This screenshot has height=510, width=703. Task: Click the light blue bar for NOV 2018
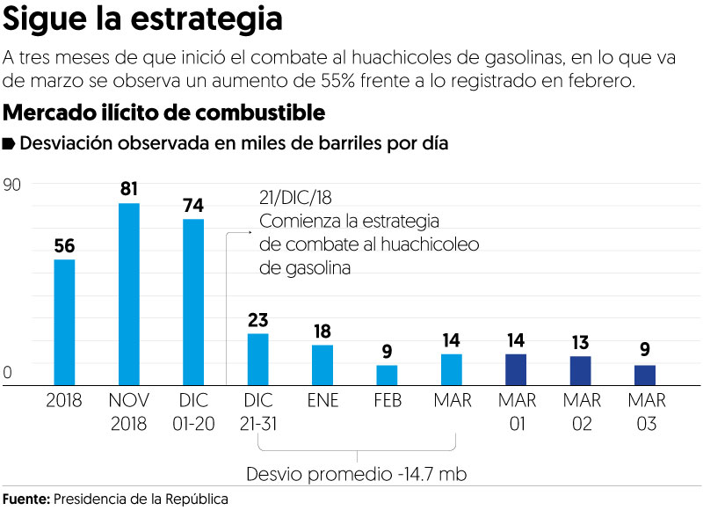129,295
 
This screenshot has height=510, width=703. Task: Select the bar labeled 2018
64,322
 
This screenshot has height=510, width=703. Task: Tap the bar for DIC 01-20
193,302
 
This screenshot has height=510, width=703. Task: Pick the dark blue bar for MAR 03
645,375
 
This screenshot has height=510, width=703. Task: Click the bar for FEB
387,375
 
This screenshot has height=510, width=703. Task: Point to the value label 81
129,189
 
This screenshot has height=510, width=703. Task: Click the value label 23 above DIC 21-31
257,320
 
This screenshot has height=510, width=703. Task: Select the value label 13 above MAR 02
580,343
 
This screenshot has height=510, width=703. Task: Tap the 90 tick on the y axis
11,185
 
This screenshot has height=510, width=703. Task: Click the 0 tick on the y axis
7,373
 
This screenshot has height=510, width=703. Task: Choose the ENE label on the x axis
323,400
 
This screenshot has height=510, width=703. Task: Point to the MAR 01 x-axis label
517,412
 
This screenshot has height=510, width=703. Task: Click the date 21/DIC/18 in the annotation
295,197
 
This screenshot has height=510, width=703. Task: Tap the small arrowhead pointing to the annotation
250,232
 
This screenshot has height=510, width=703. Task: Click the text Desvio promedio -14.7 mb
357,474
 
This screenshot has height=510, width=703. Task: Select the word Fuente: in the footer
26,499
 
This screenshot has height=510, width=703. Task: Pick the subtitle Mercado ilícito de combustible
164,113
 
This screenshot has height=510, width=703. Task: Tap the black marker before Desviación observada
9,143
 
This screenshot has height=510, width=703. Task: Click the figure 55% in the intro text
337,81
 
